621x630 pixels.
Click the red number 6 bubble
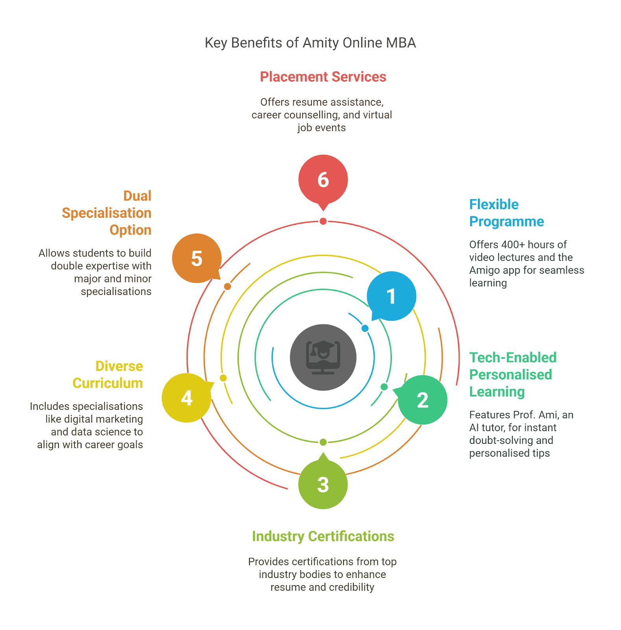click(323, 180)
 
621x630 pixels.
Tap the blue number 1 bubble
click(391, 296)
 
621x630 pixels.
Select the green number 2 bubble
click(422, 400)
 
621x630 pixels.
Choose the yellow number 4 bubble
click(187, 398)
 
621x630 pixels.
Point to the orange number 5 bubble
click(197, 258)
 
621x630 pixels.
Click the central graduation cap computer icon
click(323, 358)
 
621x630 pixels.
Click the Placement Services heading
click(323, 77)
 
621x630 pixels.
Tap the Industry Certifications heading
click(323, 536)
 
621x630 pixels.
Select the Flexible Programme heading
click(506, 213)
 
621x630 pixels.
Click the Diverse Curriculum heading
click(108, 374)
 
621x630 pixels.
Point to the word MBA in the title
click(401, 43)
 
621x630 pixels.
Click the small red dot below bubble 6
click(323, 221)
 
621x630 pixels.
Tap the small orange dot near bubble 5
click(227, 286)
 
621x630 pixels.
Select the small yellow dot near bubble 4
click(223, 378)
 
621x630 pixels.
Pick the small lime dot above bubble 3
click(323, 442)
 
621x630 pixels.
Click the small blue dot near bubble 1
click(365, 328)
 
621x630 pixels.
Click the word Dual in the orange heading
click(137, 196)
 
